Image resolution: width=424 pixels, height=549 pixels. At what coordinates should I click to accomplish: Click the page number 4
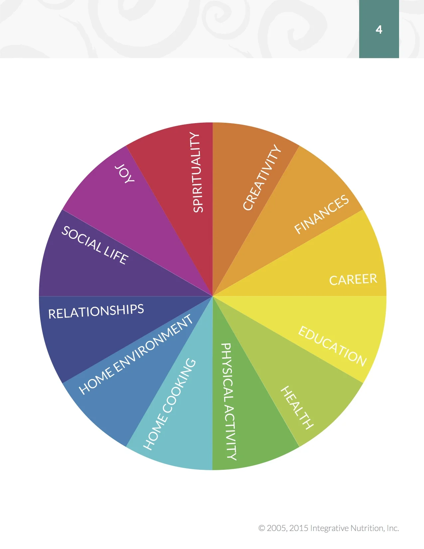[379, 30]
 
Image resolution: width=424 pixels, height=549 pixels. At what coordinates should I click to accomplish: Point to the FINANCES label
[322, 214]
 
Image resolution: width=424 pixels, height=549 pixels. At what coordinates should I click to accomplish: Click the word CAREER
[353, 279]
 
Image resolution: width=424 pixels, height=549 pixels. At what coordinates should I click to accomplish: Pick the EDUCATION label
[332, 346]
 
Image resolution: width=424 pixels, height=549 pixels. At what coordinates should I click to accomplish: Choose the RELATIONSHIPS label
[96, 311]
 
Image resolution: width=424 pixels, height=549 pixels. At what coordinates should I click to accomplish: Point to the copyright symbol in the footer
[262, 528]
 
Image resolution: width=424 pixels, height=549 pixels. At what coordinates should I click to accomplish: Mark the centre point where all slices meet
[212, 296]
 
